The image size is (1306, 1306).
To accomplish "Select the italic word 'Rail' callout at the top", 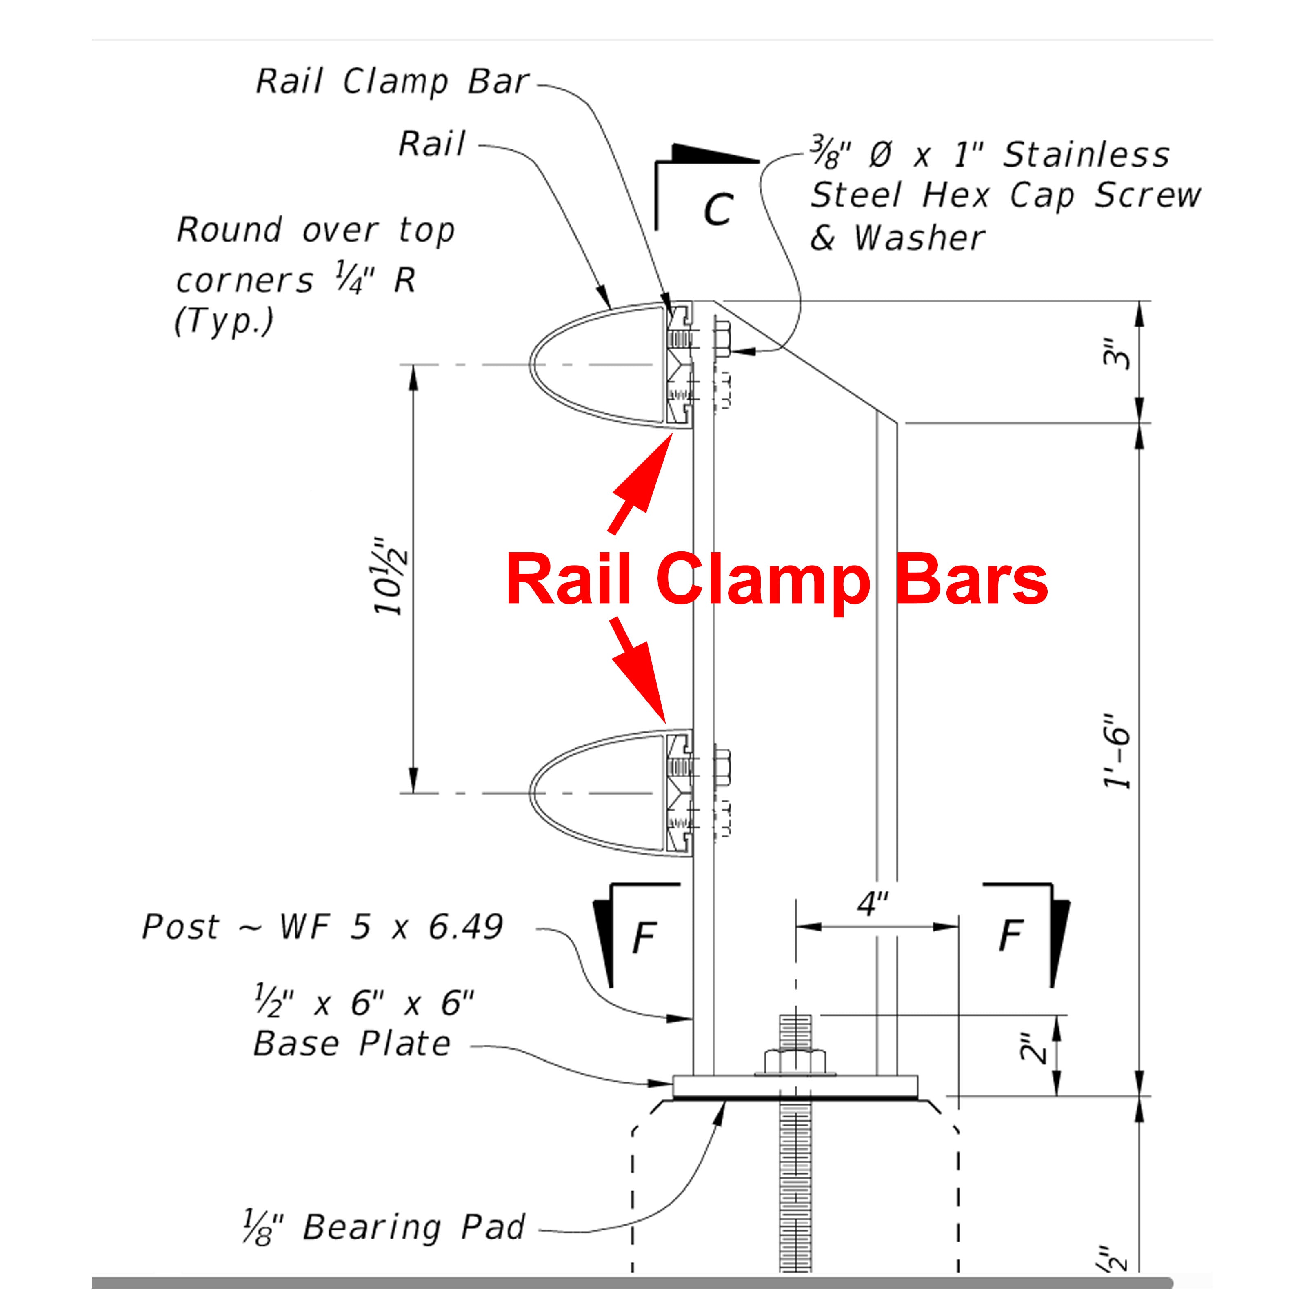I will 432,144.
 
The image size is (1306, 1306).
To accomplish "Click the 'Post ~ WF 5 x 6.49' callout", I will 322,927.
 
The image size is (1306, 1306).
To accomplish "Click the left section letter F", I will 644,937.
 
